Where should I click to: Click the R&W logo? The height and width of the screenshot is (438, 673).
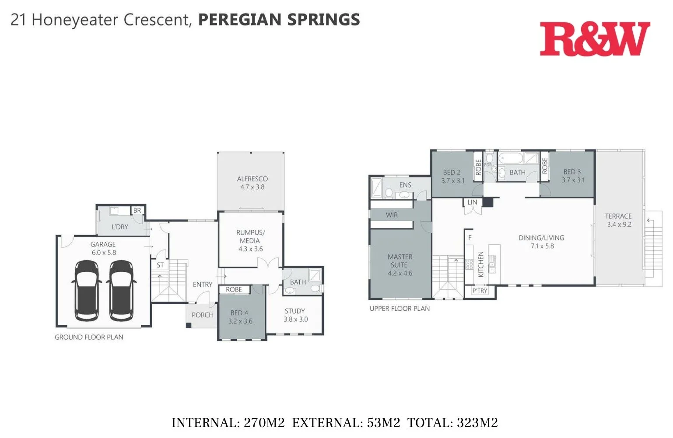click(595, 39)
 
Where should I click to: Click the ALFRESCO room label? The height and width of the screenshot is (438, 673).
click(252, 179)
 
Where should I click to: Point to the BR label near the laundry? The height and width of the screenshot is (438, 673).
click(137, 211)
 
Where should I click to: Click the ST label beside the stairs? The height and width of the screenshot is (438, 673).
click(160, 265)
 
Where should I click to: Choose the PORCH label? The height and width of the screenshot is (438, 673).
click(203, 315)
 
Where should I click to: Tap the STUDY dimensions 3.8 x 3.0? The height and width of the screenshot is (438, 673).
click(296, 320)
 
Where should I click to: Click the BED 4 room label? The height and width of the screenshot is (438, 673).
click(239, 313)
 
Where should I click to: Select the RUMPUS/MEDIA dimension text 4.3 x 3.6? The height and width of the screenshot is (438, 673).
click(251, 249)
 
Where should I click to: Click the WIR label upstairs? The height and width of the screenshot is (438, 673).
click(392, 215)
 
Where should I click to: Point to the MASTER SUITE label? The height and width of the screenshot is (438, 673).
click(400, 261)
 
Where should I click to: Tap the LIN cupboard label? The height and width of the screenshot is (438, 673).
click(472, 202)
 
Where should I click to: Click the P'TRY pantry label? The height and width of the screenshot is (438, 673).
click(480, 291)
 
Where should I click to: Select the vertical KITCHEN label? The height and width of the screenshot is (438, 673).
click(481, 264)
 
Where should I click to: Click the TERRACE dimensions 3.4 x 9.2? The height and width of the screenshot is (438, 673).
click(619, 225)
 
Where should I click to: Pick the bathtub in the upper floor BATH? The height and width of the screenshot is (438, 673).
click(510, 158)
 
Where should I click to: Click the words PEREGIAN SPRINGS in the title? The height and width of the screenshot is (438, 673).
click(279, 20)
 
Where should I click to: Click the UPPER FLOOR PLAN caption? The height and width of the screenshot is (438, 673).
click(400, 309)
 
